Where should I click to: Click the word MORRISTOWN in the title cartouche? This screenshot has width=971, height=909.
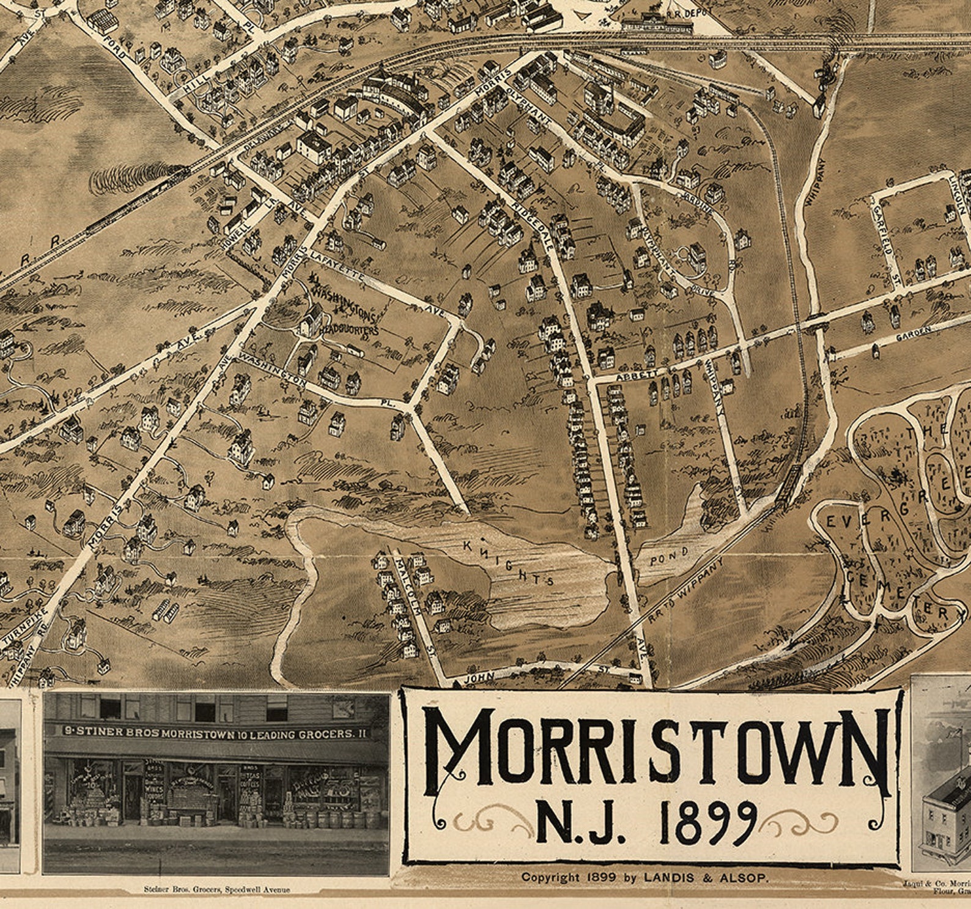(x=655, y=748)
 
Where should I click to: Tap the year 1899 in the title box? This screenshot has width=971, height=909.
(x=709, y=823)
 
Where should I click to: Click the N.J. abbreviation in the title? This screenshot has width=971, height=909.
(x=578, y=823)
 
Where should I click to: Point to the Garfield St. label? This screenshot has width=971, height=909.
(x=887, y=245)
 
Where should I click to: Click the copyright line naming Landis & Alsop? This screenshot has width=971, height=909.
(x=644, y=877)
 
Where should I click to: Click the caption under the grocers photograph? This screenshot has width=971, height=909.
(x=216, y=889)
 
